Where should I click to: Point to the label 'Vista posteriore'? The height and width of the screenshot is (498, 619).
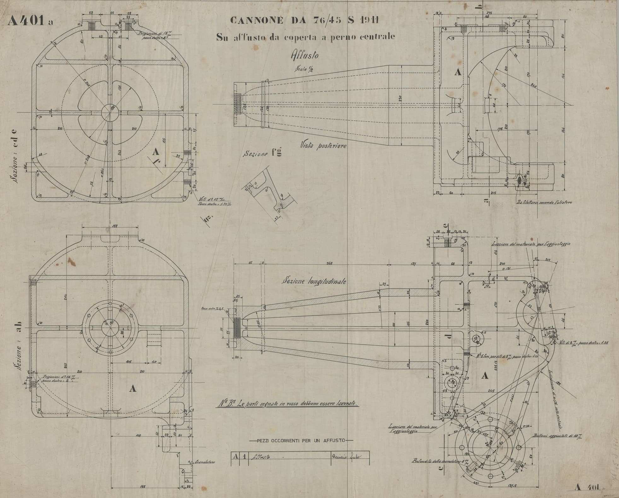coord(323,146)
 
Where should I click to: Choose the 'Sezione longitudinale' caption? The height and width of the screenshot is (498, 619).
coord(314,281)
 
